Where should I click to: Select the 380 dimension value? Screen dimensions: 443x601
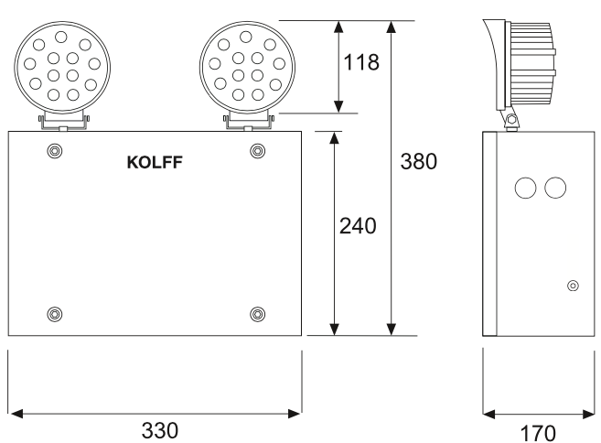tap(419, 162)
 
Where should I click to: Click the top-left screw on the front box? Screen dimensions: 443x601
tap(55, 150)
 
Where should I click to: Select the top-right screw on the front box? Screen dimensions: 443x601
tap(256, 150)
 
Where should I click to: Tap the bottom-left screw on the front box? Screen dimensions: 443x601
tap(55, 314)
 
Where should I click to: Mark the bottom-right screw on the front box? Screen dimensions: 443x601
tap(256, 314)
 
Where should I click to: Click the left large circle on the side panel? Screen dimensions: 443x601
tap(526, 188)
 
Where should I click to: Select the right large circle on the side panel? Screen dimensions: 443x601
tap(555, 188)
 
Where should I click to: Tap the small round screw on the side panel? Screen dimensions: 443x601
tap(573, 286)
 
